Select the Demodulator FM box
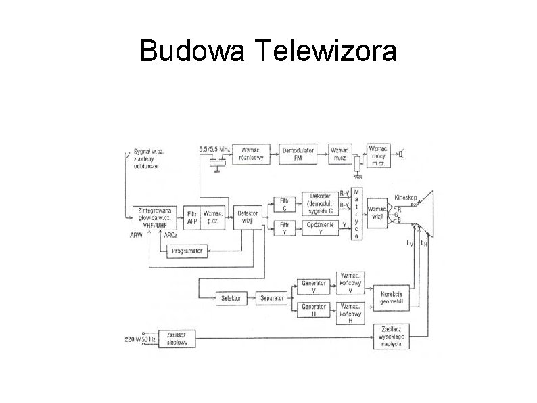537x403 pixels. coord(298,154)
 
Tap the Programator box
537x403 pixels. coord(187,251)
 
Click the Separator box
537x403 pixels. coord(271,298)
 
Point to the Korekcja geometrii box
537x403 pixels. coord(392,299)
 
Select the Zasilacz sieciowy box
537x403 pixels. coord(177,339)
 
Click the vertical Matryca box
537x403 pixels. coord(356,214)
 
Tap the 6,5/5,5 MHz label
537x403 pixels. coord(215,148)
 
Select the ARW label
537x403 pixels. coord(136,235)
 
